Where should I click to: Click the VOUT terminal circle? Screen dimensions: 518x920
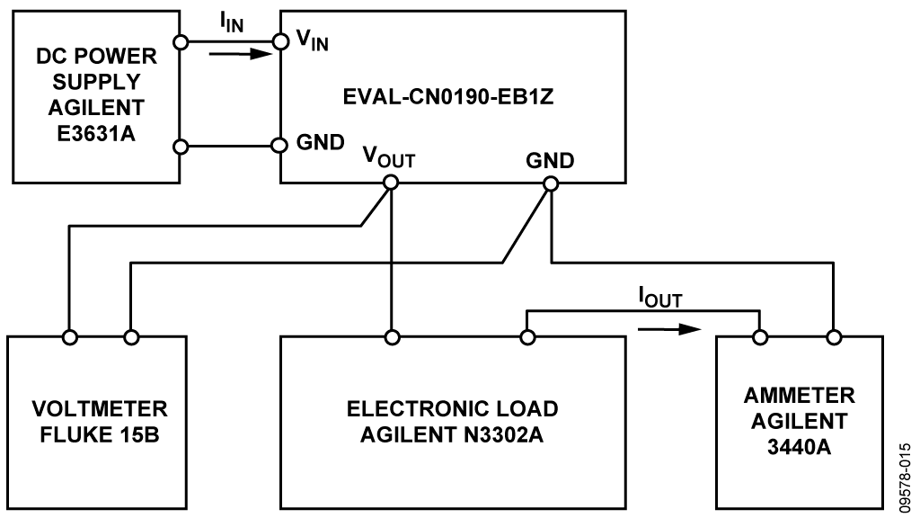pyautogui.click(x=391, y=183)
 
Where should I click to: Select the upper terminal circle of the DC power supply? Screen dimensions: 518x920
pyautogui.click(x=181, y=41)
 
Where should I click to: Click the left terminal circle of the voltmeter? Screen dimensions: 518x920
pyautogui.click(x=67, y=337)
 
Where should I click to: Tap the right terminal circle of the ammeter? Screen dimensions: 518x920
pyautogui.click(x=835, y=337)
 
